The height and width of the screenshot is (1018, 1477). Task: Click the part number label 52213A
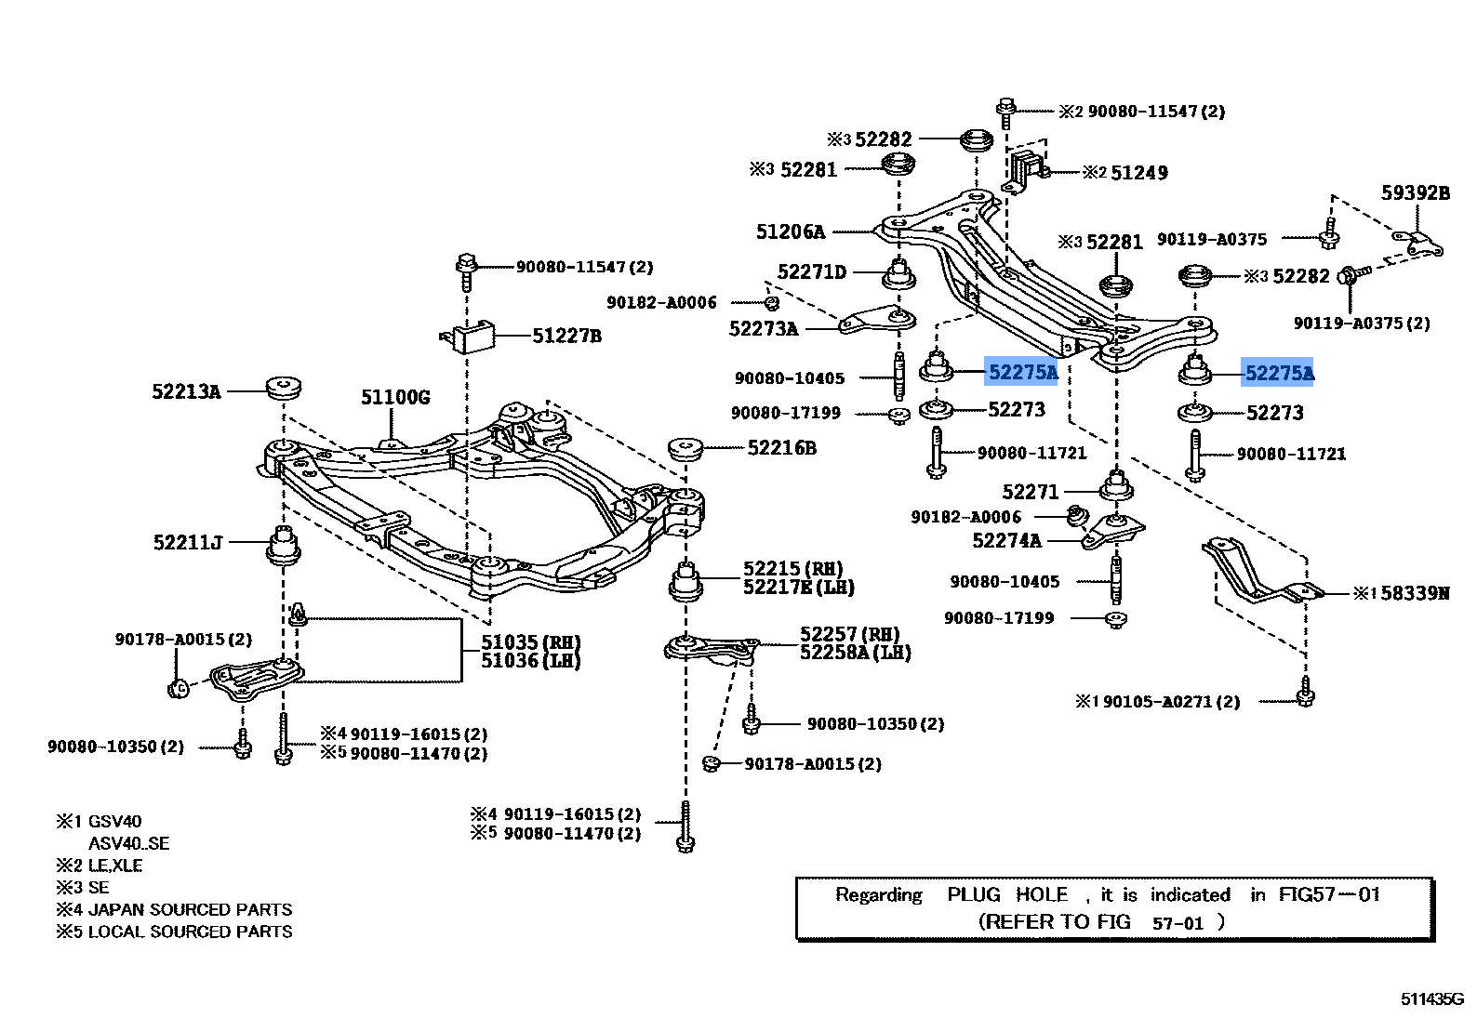coord(186,392)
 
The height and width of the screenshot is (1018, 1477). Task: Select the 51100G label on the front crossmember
coord(395,398)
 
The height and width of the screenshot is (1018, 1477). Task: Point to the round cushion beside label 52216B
coord(689,450)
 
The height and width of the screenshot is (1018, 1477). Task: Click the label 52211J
coord(187,542)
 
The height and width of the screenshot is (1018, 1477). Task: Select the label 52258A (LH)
coord(855,653)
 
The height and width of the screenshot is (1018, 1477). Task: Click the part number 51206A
coord(790,231)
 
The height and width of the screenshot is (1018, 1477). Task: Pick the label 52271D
coord(812,272)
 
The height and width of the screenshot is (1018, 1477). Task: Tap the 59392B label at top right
coord(1415,193)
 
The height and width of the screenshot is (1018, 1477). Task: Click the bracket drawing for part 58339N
coord(1256,574)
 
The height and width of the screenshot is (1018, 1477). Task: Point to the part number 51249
coord(1139,173)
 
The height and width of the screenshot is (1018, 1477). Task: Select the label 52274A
coord(1006,540)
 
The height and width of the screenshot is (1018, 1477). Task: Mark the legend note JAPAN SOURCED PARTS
coord(190,909)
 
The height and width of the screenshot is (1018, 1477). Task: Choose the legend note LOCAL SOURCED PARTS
coord(190,932)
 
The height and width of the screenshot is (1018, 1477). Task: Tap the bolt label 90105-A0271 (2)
coord(1171,702)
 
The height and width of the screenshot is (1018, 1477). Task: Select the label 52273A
coord(764,329)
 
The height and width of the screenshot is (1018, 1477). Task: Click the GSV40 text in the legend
coord(114,822)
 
